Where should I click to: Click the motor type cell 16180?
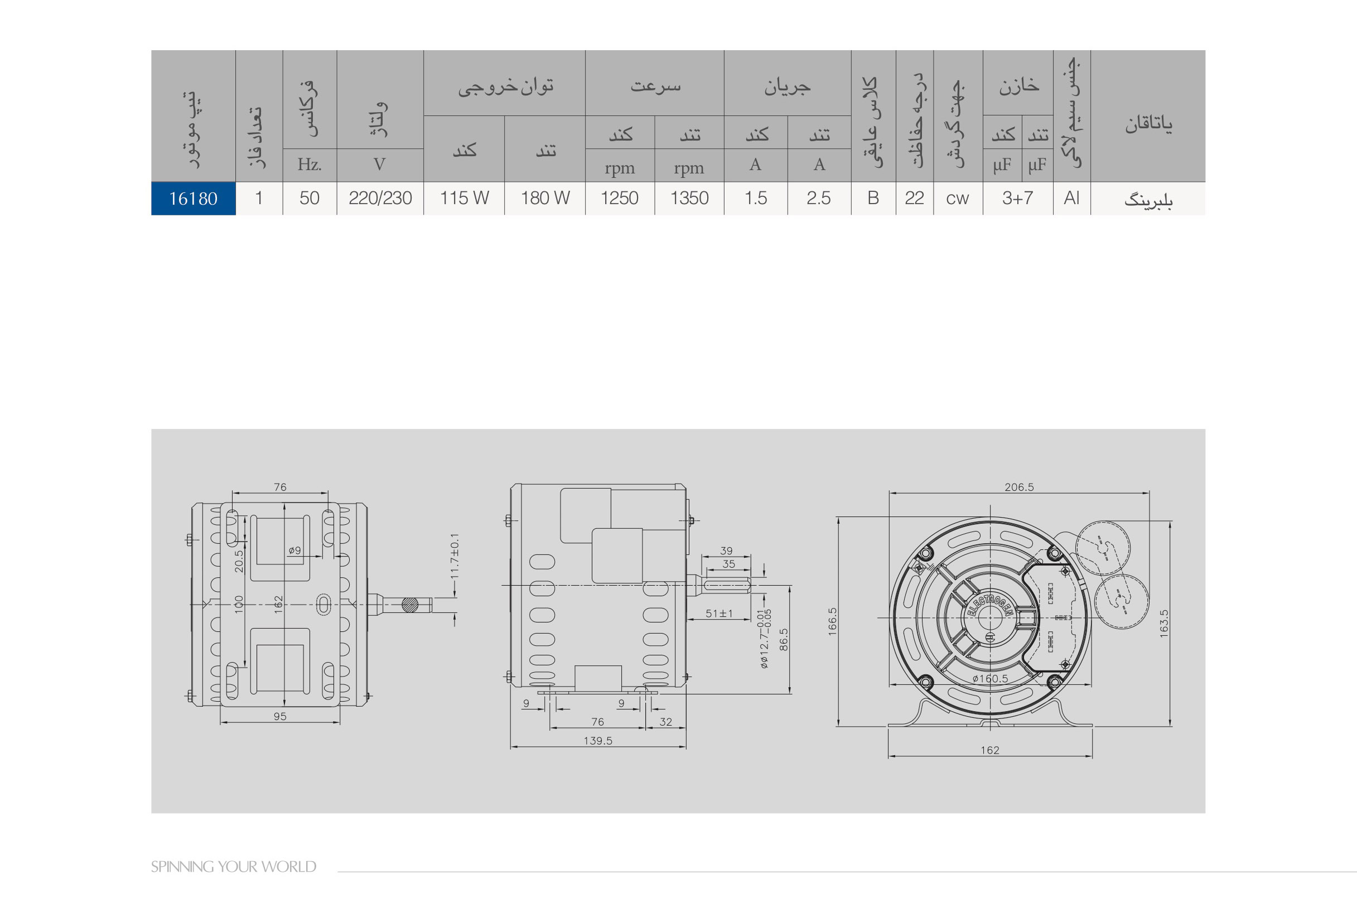click(193, 199)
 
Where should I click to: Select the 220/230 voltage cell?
click(380, 198)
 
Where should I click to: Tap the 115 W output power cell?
click(464, 198)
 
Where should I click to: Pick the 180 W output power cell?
click(545, 198)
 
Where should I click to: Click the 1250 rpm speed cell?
click(620, 198)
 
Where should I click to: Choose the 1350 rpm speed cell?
click(689, 198)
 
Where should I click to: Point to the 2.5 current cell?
click(819, 198)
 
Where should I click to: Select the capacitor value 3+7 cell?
click(1017, 198)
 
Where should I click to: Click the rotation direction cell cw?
click(958, 198)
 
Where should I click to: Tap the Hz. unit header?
click(309, 165)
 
